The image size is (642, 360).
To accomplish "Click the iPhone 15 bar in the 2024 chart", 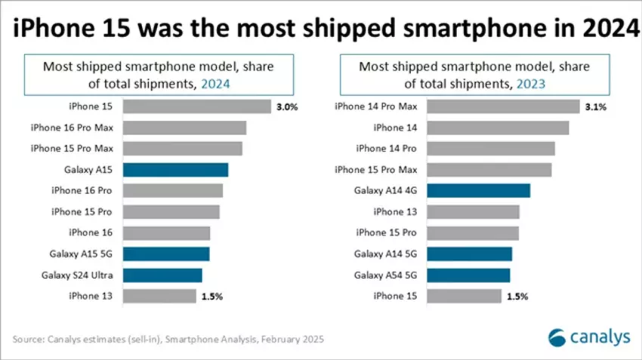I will pyautogui.click(x=196, y=106).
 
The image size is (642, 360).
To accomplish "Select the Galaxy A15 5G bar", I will pyautogui.click(x=165, y=254).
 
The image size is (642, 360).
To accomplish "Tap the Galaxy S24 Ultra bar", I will pyautogui.click(x=162, y=275).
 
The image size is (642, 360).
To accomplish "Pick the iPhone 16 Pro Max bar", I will pyautogui.click(x=184, y=128).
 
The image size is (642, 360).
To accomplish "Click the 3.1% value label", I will pyautogui.click(x=595, y=107).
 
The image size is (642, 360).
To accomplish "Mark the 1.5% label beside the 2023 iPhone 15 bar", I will pyautogui.click(x=517, y=296).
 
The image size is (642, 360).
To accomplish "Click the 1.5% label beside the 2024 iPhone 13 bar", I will pyautogui.click(x=212, y=296).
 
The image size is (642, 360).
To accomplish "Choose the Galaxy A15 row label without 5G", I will pyautogui.click(x=89, y=170).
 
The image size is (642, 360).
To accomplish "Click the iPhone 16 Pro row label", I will pyautogui.click(x=82, y=190).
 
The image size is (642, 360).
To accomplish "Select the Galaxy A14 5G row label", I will pyautogui.click(x=385, y=254).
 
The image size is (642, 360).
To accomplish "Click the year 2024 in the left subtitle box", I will pyautogui.click(x=215, y=85).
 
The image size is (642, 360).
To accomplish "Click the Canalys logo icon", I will pyautogui.click(x=557, y=337).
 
